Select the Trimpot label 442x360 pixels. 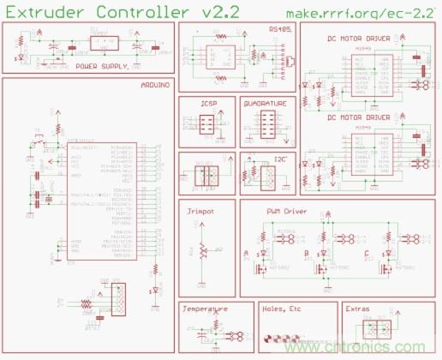click(200, 209)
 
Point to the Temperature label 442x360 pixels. click(206, 309)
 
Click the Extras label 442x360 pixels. click(358, 309)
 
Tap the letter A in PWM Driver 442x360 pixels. click(247, 254)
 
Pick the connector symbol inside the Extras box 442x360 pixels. click(371, 330)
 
